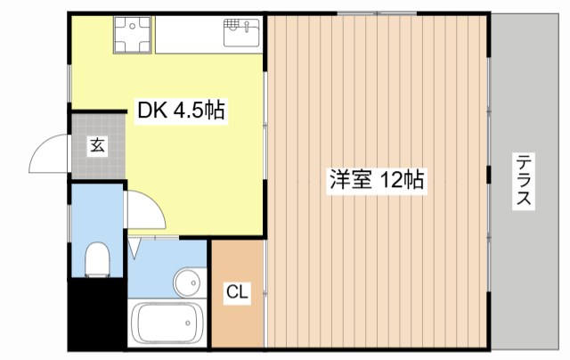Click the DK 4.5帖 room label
pyautogui.click(x=180, y=111)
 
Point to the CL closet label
pyautogui.click(x=237, y=291)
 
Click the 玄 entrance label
pyautogui.click(x=96, y=146)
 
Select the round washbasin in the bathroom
pyautogui.click(x=188, y=284)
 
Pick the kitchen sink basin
pyautogui.click(x=240, y=36)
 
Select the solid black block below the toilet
pyautogui.click(x=96, y=315)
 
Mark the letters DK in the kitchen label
pyautogui.click(x=150, y=111)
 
